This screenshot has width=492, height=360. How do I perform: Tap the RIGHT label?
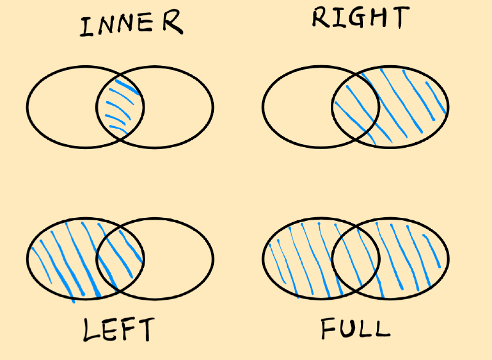point(359,19)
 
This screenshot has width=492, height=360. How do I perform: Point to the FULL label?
point(355,327)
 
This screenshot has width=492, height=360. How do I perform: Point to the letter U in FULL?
point(344,327)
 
